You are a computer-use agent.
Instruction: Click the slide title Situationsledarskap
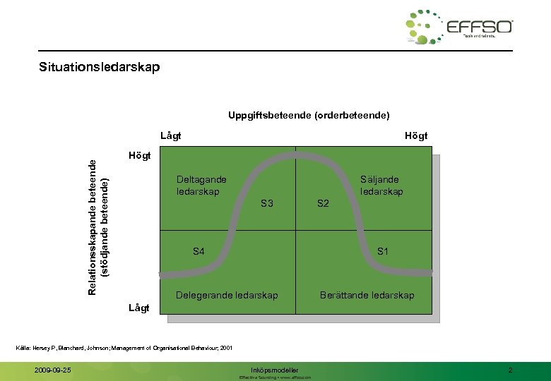(100, 68)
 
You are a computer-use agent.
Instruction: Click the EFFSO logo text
(479, 28)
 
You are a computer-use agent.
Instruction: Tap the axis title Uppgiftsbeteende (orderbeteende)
(309, 114)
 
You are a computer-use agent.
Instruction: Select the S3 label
(266, 204)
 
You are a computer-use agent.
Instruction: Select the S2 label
(323, 204)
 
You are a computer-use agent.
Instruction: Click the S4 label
(199, 251)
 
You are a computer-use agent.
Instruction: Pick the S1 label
(383, 251)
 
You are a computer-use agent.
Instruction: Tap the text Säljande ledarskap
(381, 186)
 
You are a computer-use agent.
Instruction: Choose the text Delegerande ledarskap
(227, 295)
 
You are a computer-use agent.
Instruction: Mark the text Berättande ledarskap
(367, 295)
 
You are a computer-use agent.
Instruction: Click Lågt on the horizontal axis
(170, 135)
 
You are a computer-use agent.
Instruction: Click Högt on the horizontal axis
(415, 135)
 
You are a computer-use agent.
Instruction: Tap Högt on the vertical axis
(139, 155)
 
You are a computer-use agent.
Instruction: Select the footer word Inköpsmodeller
(275, 370)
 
